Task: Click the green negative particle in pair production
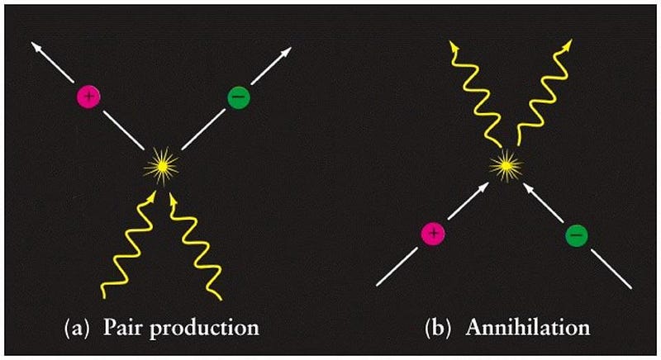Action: click(237, 97)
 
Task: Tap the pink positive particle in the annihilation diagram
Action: click(435, 234)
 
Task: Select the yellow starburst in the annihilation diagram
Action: click(506, 167)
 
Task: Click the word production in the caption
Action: click(202, 327)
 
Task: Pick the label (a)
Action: click(78, 326)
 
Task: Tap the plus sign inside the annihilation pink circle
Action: click(435, 234)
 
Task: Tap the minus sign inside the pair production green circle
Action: click(237, 97)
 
